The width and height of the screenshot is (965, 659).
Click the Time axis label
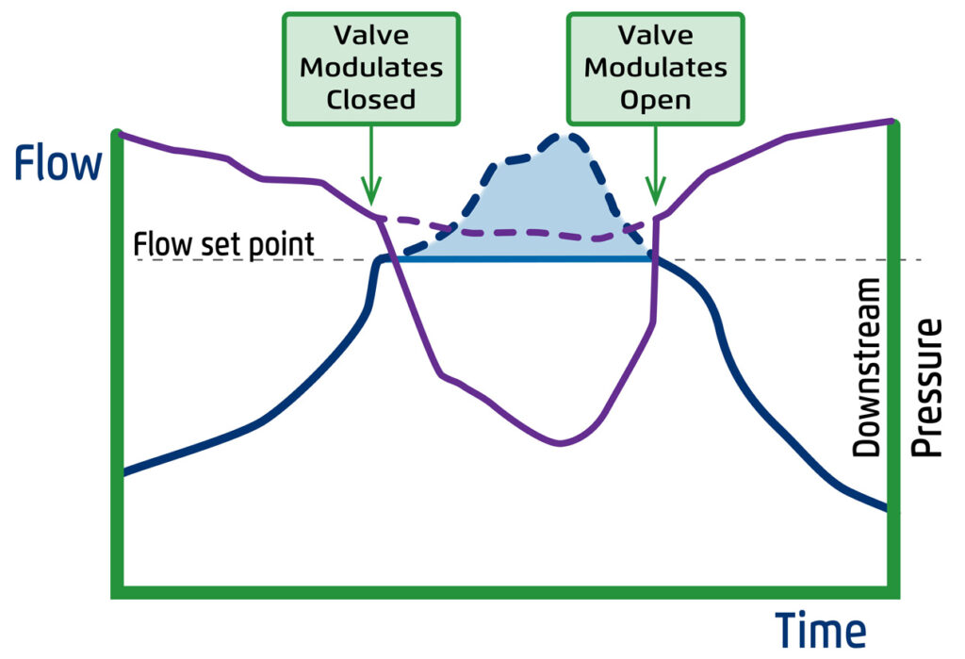(820, 630)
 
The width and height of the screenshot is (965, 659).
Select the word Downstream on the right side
(866, 368)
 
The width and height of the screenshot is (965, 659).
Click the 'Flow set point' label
(223, 244)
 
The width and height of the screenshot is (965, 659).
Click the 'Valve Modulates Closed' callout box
(371, 68)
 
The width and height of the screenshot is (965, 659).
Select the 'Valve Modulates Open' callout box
(655, 68)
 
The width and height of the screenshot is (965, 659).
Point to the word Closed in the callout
(371, 99)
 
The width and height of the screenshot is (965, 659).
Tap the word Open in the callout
(655, 99)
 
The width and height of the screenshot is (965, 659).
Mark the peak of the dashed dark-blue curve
(562, 138)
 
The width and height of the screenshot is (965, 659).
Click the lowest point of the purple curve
(562, 443)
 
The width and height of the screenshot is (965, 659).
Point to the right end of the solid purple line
(891, 121)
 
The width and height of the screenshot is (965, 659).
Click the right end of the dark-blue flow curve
(885, 508)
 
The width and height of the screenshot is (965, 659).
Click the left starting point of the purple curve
(121, 134)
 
